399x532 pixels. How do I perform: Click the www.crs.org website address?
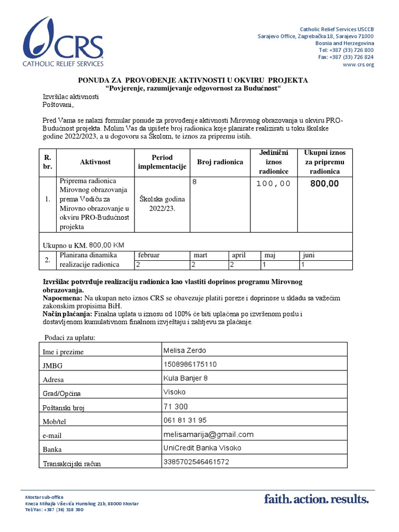tap(358, 64)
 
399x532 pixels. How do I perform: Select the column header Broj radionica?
tap(220, 162)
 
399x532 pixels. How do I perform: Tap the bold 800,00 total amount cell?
tap(324, 183)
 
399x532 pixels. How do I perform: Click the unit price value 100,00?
tap(273, 183)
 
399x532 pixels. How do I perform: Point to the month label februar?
tap(148, 256)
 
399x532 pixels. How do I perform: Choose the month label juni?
tap(308, 256)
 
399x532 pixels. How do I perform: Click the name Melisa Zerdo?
tap(185, 350)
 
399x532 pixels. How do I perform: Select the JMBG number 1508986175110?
tap(190, 364)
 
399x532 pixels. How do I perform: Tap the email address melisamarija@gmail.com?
tap(208, 434)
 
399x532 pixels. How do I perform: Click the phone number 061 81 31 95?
tap(185, 420)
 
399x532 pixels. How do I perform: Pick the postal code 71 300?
tap(176, 406)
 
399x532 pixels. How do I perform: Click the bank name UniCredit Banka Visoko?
tap(202, 448)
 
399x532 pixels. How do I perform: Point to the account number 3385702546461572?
tap(196, 461)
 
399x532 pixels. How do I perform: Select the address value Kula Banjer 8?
tap(185, 378)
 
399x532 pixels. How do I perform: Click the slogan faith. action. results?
tap(316, 500)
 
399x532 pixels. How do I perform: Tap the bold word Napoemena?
tap(62, 299)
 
